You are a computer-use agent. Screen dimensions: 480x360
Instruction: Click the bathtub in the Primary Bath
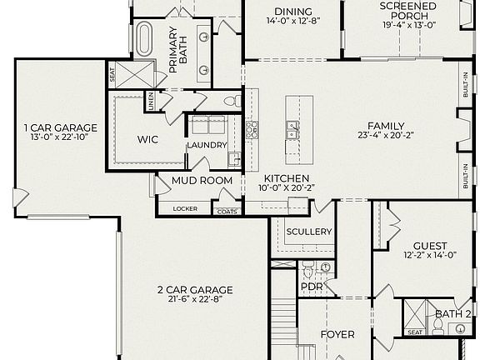click(x=143, y=39)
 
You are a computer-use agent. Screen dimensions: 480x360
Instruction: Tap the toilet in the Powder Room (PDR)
click(x=307, y=270)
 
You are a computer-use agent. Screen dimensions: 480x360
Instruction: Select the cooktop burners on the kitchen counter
click(x=252, y=130)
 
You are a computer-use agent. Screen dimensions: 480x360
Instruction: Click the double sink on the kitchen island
click(x=292, y=130)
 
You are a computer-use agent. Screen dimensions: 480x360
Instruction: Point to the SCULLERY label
click(x=309, y=232)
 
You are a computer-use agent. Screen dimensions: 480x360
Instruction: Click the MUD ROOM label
click(x=202, y=181)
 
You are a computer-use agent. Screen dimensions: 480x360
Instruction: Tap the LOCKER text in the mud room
click(x=185, y=209)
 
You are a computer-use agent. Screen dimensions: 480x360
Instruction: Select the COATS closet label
click(x=227, y=212)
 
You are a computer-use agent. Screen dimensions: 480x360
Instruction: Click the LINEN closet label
click(x=151, y=101)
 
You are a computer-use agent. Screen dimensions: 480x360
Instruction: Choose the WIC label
click(x=147, y=140)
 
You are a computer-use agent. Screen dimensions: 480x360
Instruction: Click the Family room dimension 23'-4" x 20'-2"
click(x=386, y=135)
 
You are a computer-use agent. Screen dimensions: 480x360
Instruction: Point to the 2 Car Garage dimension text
click(x=195, y=299)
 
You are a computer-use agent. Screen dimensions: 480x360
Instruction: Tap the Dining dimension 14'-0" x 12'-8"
click(x=293, y=21)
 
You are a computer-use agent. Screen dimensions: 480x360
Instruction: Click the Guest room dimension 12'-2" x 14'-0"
click(x=430, y=255)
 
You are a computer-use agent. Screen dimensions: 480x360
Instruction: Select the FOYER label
click(x=337, y=335)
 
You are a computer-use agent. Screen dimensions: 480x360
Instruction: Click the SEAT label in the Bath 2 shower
click(x=415, y=332)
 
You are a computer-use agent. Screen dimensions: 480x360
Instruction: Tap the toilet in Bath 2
click(x=438, y=327)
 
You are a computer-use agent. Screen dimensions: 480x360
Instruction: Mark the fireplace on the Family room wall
click(x=464, y=130)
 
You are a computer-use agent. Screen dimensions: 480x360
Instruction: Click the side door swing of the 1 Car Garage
click(x=21, y=197)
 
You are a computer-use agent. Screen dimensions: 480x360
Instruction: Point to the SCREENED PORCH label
click(x=408, y=11)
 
